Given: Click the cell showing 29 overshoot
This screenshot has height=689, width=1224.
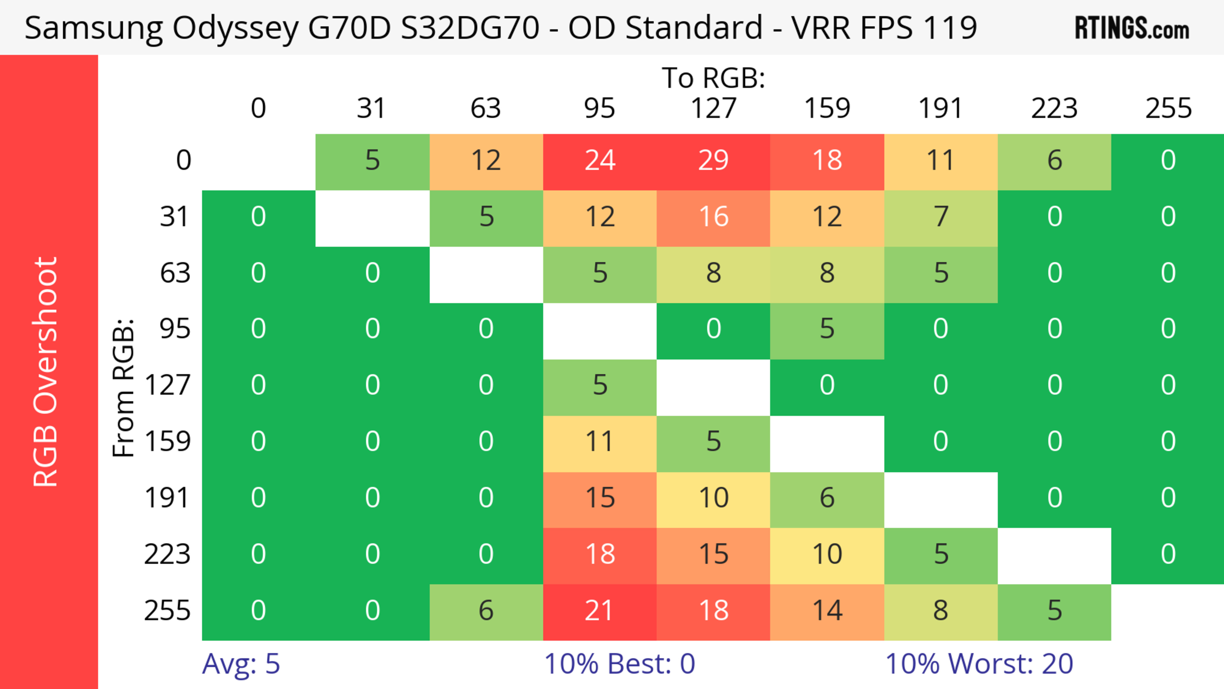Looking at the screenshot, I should [x=713, y=161].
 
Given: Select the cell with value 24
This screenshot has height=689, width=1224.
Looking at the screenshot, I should [x=600, y=161].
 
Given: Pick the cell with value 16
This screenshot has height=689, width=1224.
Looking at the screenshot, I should [x=713, y=217].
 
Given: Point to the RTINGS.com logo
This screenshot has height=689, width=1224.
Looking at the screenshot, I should [x=1132, y=28].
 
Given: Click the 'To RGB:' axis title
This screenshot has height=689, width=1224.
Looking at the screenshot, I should [x=713, y=77].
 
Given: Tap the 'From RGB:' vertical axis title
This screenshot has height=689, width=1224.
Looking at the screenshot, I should [x=124, y=388].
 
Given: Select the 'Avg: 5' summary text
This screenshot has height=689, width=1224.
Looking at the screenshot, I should [x=241, y=664].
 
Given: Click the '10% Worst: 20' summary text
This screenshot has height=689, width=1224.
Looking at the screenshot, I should [x=979, y=664].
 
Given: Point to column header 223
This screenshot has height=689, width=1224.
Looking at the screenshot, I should [x=1054, y=108].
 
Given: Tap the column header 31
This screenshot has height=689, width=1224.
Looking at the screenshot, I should [x=372, y=108].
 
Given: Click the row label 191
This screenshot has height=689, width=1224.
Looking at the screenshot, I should [x=167, y=498].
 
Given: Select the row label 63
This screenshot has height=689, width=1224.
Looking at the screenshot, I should [x=175, y=273].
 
